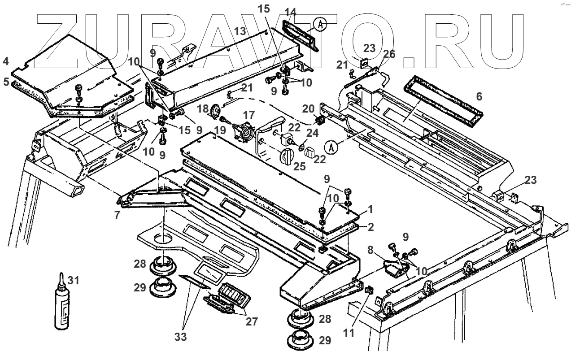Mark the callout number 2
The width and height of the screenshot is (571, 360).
pyautogui.click(x=370, y=227)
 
